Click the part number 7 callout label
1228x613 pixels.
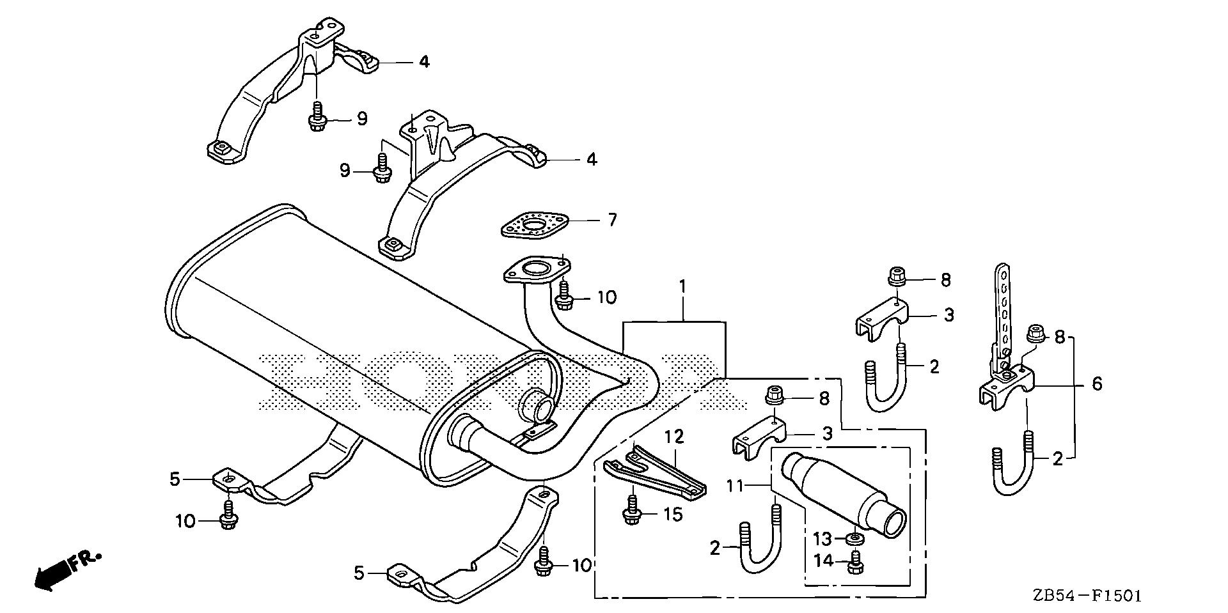[x=612, y=221]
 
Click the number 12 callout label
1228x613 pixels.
[x=674, y=437]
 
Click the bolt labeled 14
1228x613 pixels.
[x=854, y=565]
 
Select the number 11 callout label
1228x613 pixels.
[x=736, y=486]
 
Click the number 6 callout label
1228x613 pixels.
[x=1098, y=384]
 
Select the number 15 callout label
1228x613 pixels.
[x=673, y=513]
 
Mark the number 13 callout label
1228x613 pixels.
[x=823, y=539]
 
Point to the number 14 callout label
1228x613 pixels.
[x=823, y=561]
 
